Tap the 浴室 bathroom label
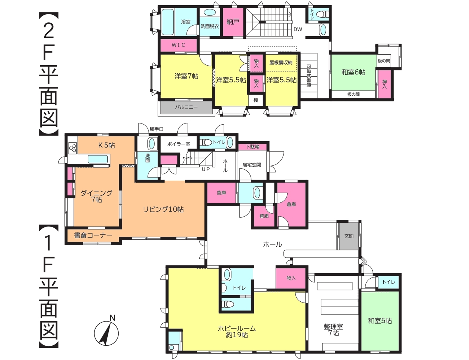click(x=186, y=22)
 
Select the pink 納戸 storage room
click(x=233, y=22)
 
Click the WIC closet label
click(x=178, y=45)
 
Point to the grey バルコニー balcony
click(x=186, y=107)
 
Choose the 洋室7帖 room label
click(x=186, y=76)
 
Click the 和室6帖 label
click(x=353, y=72)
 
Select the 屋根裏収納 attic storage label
click(x=281, y=63)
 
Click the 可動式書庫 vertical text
click(x=309, y=76)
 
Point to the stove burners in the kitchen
click(x=73, y=148)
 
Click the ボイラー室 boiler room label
click(x=178, y=144)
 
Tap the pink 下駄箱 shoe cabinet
click(x=252, y=147)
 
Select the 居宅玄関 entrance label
click(x=252, y=165)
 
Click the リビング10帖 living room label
click(x=163, y=209)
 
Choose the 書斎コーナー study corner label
click(x=93, y=235)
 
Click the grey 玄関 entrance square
click(x=349, y=236)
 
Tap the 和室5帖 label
click(x=380, y=321)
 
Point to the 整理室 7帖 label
click(x=333, y=330)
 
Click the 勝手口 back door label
click(x=156, y=129)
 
